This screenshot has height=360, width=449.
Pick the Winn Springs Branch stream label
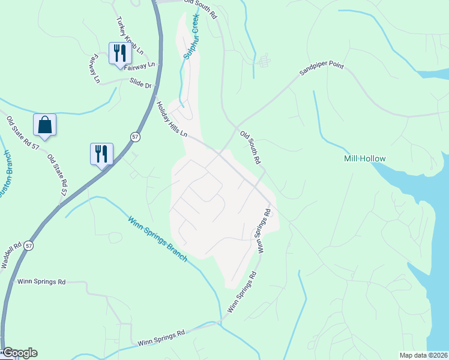tap(157, 238)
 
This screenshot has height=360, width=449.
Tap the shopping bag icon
tap(45, 124)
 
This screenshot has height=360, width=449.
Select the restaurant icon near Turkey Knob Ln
tap(119, 53)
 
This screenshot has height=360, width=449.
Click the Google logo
tap(20, 353)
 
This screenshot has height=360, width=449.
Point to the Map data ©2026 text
tap(423, 355)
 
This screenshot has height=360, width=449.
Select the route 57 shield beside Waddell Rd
tap(29, 246)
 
